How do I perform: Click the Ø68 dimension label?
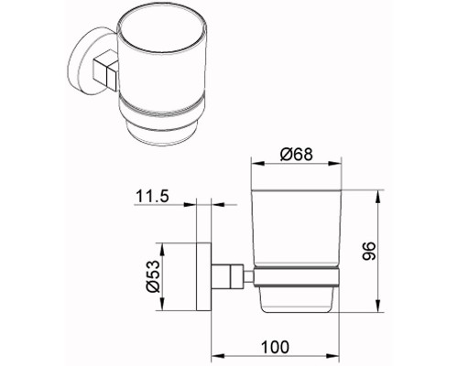point(297,154)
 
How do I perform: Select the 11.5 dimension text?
point(152,196)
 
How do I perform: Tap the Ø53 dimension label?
point(153,276)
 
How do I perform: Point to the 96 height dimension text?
point(368,251)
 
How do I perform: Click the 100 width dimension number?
point(275,347)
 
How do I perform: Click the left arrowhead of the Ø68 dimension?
point(257,164)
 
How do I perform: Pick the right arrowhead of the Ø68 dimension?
point(334,164)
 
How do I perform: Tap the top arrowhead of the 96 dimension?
point(378,196)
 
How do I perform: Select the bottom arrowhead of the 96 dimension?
point(378,306)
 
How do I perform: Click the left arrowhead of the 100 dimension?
point(218,356)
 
